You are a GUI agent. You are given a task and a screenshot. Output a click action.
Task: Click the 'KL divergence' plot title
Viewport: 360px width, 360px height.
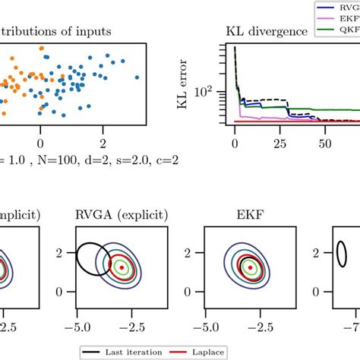(266, 32)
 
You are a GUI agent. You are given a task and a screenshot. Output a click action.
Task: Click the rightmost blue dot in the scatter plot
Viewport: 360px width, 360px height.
(137, 77)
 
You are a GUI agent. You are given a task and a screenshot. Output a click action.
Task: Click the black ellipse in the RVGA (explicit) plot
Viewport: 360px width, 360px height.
(93, 258)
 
